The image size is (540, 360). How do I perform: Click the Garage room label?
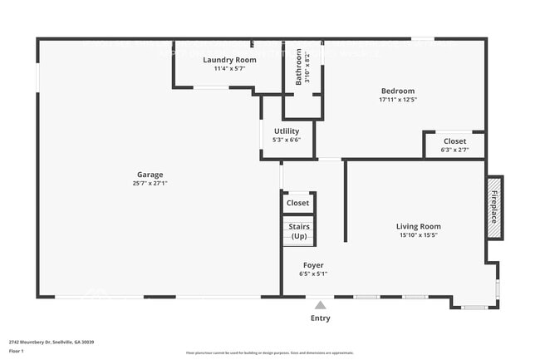tap(150, 175)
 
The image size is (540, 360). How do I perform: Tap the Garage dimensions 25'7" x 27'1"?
tap(150, 183)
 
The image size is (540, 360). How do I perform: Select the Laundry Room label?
tap(229, 60)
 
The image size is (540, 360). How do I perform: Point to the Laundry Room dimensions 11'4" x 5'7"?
tap(229, 69)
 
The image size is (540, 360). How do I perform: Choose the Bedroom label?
tap(397, 91)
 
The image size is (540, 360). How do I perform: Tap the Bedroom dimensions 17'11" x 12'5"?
tap(397, 100)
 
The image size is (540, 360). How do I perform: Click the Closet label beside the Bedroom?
tap(454, 141)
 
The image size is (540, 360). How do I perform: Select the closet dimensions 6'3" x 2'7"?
tap(454, 150)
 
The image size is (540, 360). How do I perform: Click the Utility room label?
tap(287, 131)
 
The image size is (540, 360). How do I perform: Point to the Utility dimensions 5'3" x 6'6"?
tap(287, 140)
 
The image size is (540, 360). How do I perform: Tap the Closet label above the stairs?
tap(297, 203)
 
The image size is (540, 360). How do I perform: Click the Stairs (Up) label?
tap(298, 231)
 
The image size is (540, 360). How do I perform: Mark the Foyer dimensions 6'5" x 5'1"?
tap(312, 274)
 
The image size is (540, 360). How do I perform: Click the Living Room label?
tap(418, 226)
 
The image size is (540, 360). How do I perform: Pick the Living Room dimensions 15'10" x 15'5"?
tap(418, 235)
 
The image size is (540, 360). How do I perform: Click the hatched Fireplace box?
tap(494, 207)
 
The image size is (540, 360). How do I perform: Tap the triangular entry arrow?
tap(320, 304)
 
